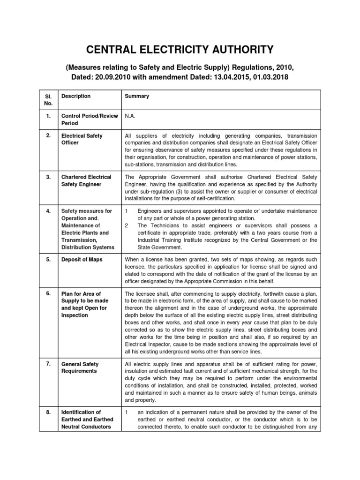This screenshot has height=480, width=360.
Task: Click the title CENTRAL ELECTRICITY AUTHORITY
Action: [x=180, y=50]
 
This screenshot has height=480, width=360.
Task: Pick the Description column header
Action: [x=76, y=96]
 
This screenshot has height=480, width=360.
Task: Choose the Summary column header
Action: [x=137, y=96]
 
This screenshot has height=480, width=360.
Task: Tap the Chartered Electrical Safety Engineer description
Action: [x=86, y=181]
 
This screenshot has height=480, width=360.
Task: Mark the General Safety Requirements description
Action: [x=80, y=367]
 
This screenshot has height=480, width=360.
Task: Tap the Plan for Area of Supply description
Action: [x=84, y=304]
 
